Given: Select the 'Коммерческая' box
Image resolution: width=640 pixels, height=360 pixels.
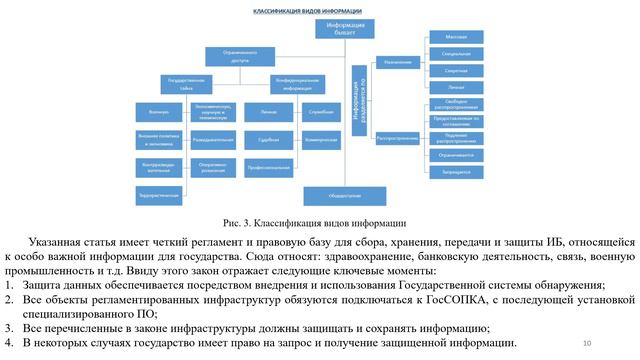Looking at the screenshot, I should click(321, 140).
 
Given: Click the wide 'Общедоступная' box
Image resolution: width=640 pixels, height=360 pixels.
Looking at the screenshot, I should click(344, 194).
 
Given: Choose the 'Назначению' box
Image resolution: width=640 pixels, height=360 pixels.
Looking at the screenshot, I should click(397, 62).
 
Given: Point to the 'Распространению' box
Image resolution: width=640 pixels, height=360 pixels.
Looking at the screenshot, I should click(397, 138).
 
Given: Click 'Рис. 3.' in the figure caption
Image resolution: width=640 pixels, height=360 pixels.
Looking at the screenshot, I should click(240, 222).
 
